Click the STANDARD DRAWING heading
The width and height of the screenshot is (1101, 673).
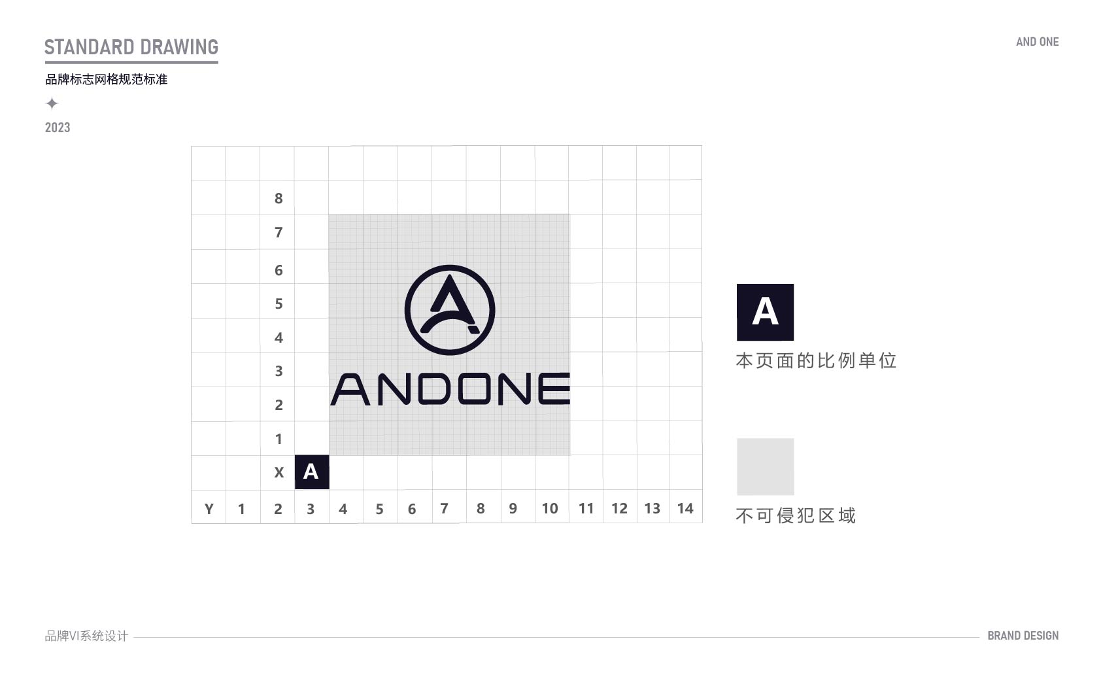[131, 47]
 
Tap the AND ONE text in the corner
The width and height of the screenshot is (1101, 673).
[1037, 42]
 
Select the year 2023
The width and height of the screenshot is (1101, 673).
[58, 128]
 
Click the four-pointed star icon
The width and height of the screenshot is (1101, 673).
[52, 103]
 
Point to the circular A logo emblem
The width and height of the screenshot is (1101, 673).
[450, 310]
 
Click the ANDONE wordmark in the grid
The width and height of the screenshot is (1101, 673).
[450, 389]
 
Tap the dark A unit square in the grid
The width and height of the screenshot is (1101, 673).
[312, 472]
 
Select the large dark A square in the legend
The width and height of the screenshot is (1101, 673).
[765, 312]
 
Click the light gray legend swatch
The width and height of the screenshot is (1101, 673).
[766, 466]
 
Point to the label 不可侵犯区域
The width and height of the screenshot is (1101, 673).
[796, 515]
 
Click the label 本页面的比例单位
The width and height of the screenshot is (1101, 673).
[816, 361]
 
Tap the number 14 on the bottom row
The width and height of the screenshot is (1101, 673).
[685, 508]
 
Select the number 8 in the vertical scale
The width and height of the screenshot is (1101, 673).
[279, 198]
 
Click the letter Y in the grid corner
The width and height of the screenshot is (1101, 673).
[209, 509]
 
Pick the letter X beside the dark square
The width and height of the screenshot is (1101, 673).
[279, 472]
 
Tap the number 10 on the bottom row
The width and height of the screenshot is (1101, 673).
[549, 508]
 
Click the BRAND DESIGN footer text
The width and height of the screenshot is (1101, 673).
[1023, 636]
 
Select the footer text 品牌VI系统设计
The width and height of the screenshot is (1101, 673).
[86, 636]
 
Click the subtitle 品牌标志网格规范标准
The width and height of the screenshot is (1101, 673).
[106, 79]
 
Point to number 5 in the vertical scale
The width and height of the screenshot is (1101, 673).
[279, 304]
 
